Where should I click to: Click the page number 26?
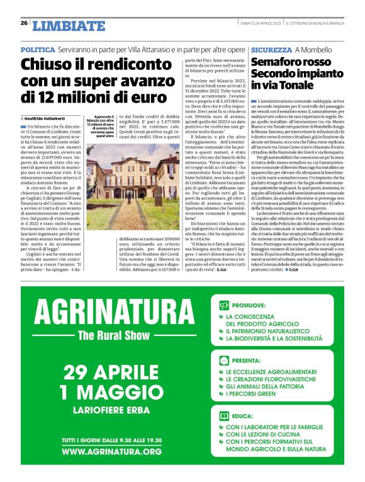click(23, 23)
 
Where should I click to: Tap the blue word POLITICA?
click(37, 49)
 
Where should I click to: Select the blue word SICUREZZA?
click(271, 49)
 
